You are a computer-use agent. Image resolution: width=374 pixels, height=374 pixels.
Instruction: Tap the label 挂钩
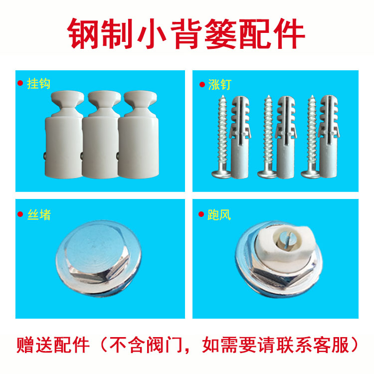(39, 83)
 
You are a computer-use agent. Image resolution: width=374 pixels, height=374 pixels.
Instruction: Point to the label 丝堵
(39, 215)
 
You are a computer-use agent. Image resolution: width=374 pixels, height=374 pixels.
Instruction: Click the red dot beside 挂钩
(21, 83)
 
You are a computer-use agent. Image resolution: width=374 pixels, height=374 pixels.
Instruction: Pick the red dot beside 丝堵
(21, 215)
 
